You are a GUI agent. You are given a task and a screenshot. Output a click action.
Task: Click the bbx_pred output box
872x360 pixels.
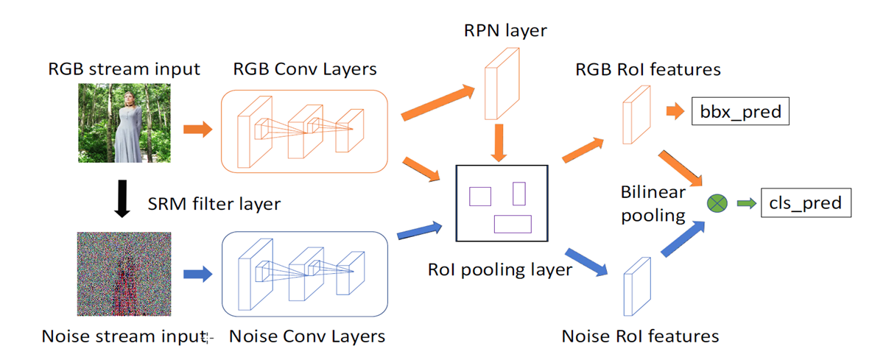(736, 113)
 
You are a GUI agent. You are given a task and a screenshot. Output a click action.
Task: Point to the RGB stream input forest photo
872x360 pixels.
(124, 122)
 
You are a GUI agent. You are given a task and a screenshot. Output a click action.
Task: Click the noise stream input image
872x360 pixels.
(124, 274)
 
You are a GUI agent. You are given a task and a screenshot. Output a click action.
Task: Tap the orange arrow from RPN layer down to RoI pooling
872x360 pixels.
(499, 142)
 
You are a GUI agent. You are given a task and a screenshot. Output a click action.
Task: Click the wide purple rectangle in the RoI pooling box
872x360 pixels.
(513, 224)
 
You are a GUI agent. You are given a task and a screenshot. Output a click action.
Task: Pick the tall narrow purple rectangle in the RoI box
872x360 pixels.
(519, 193)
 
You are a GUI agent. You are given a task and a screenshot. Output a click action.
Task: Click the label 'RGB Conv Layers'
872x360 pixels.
(305, 69)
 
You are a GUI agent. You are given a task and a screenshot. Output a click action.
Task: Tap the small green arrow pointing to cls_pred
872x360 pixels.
(747, 202)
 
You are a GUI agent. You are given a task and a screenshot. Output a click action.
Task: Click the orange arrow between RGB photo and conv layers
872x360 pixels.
(197, 130)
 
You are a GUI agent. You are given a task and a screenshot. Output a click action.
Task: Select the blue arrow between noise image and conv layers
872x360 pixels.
(197, 274)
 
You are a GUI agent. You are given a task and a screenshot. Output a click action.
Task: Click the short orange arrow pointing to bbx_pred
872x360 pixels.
(675, 113)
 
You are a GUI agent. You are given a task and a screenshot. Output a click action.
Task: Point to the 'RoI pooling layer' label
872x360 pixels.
(499, 269)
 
